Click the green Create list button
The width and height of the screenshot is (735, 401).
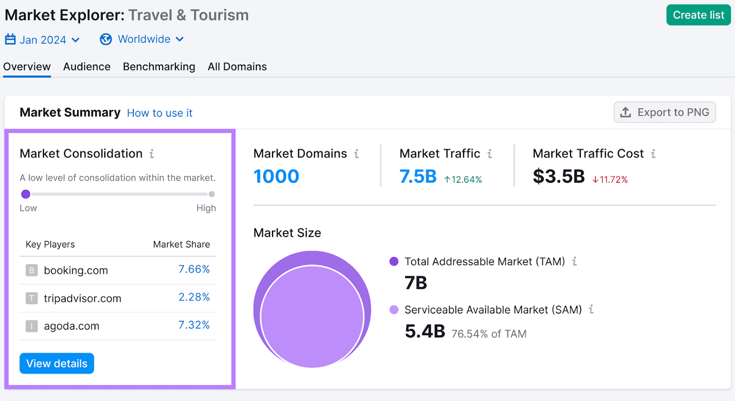coord(698,15)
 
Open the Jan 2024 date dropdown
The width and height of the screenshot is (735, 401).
coord(43,40)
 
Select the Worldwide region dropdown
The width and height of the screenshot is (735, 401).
coord(142,40)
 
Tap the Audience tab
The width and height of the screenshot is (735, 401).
coord(87,67)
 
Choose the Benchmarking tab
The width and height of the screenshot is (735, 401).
coord(159,67)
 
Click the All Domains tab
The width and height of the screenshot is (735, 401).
coord(237,67)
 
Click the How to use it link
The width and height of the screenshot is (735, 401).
coord(159,113)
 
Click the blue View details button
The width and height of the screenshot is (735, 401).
coord(57,363)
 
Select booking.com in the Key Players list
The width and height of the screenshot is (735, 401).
coord(76,271)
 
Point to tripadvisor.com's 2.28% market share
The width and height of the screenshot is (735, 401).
coord(194,297)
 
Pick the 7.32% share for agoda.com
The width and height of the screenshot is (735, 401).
coord(194,325)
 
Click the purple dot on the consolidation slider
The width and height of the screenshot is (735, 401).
coord(26,194)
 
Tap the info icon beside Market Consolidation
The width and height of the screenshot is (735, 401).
coord(152,154)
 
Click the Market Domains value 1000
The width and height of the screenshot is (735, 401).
coord(276,176)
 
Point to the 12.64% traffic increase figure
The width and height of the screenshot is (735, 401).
coord(463,180)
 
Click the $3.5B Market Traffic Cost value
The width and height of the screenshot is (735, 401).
coord(559,176)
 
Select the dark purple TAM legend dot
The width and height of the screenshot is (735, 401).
coord(394,261)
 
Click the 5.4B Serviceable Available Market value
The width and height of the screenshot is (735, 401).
coord(425,331)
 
